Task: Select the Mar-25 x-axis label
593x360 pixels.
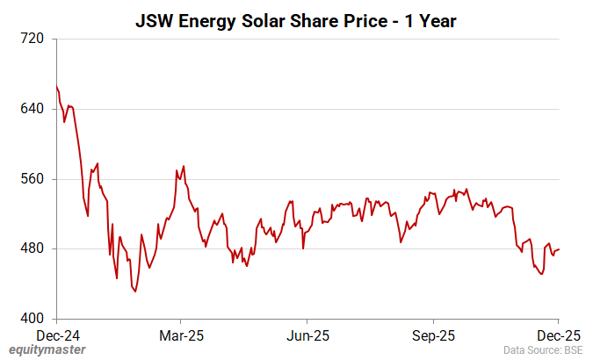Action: (181, 335)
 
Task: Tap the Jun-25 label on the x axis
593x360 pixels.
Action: (307, 335)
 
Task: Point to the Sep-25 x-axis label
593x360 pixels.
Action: (433, 335)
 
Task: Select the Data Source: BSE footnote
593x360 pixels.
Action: (543, 350)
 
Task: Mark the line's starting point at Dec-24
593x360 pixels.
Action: (56, 86)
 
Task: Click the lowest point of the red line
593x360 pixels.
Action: (135, 292)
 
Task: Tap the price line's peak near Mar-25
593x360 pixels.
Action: (183, 166)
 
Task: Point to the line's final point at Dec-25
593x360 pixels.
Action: (559, 249)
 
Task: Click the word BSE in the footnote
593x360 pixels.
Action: (571, 350)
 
